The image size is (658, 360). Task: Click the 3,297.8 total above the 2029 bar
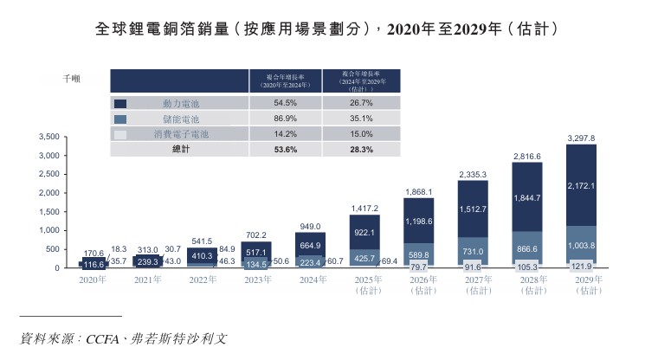click(580, 138)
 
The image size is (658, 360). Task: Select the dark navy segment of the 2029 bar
click(580, 184)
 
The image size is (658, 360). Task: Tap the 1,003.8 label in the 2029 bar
click(581, 246)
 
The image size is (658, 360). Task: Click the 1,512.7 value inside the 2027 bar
click(473, 209)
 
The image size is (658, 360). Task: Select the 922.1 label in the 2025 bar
click(364, 233)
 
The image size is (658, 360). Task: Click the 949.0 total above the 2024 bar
click(311, 225)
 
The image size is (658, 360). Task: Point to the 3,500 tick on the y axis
click(49, 137)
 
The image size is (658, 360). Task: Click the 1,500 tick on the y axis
click(49, 212)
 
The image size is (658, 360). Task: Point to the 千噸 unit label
click(72, 80)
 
